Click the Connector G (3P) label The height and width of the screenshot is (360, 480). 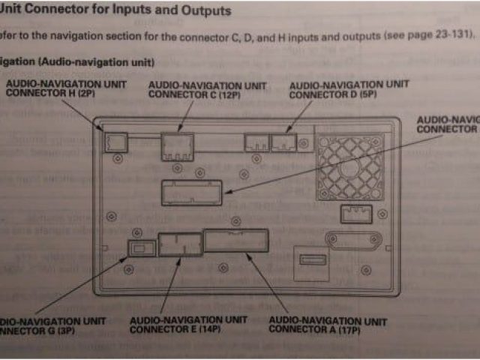pos(49,325)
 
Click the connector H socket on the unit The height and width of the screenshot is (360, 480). pos(116,140)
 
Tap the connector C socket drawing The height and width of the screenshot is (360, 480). pos(177,145)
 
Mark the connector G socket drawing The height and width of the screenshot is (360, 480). pos(141,247)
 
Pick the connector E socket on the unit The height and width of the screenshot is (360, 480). pos(180,245)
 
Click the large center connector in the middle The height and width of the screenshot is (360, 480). pos(191,193)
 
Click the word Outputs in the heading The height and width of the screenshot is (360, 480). pos(204,11)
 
